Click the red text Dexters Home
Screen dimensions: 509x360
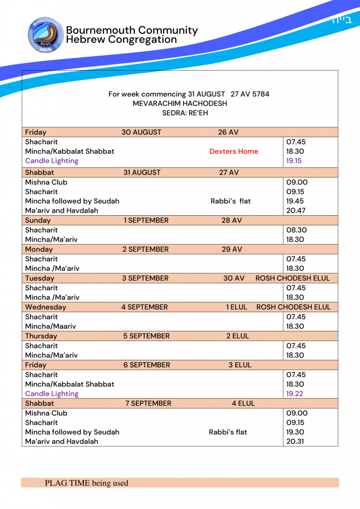coord(234,152)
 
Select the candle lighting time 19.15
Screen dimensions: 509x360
coord(294,161)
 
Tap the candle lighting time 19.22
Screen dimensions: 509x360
coord(294,394)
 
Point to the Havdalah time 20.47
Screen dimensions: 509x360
coord(295,210)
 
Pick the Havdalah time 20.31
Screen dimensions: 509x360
coord(295,441)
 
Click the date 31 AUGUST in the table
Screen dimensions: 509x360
coord(142,172)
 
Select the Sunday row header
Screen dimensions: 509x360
coord(38,220)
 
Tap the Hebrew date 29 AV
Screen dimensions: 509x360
coord(231,250)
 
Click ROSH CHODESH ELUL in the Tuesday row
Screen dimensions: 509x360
coord(292,278)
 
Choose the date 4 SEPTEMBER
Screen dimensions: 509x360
coord(145,307)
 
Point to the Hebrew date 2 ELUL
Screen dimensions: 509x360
coord(238,336)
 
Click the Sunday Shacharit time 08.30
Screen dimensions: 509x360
coord(295,230)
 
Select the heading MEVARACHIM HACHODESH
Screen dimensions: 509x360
coord(180,103)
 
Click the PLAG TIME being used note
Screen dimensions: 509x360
coord(87,483)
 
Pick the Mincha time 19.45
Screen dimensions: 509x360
coord(295,201)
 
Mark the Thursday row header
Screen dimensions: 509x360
coord(41,336)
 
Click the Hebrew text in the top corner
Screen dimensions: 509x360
coord(342,20)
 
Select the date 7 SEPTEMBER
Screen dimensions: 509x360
coord(148,403)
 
